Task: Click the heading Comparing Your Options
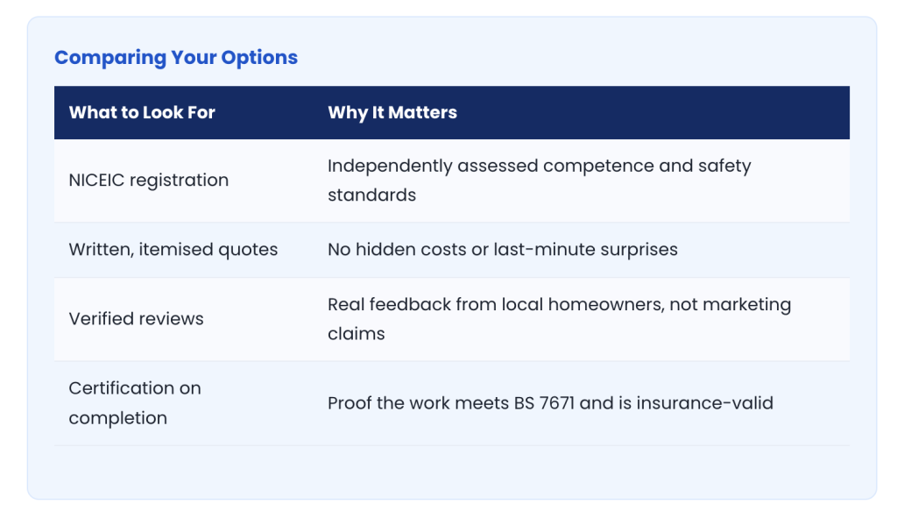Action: pos(176,58)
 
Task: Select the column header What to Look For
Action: pos(142,112)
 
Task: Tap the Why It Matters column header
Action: pos(392,113)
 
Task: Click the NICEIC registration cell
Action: pos(149,181)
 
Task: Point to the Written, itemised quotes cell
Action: pos(173,250)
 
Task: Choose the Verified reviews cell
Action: pos(136,319)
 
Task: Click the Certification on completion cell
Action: pos(135,403)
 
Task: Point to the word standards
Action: pos(371,195)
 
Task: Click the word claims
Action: pos(357,334)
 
